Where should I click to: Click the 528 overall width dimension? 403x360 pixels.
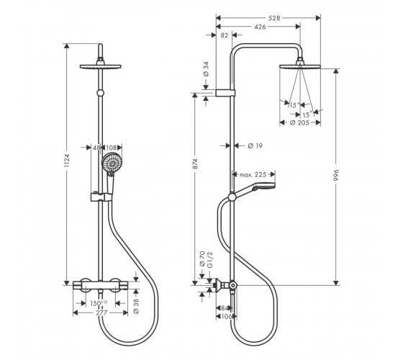coord(274,18)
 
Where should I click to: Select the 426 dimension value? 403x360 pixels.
coord(260,27)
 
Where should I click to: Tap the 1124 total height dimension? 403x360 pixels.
coord(67,161)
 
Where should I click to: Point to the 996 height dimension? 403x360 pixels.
coord(336,175)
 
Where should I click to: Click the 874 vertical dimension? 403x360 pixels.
coord(195,164)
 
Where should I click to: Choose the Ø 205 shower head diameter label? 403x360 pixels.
coord(299,122)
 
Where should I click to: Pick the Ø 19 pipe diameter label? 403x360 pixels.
coord(255,145)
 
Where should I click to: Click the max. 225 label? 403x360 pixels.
coord(253,175)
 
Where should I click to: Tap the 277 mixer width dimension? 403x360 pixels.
coord(101,313)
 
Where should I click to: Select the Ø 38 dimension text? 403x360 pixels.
coord(136,306)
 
